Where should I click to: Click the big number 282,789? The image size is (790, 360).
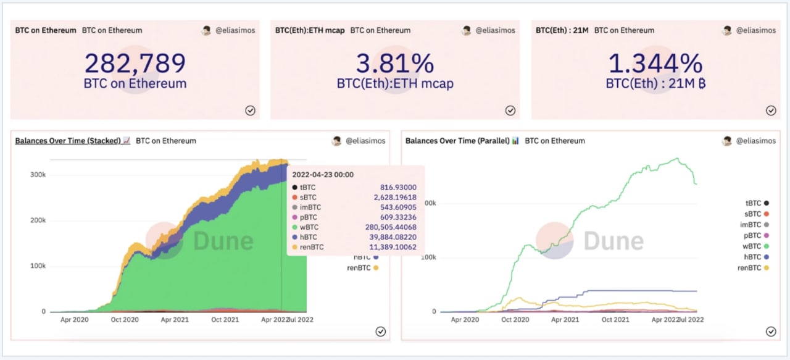click(135, 64)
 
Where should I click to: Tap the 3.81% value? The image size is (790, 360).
click(395, 64)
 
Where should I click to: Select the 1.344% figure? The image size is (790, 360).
click(655, 64)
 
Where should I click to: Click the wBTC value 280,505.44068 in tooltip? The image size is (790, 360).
click(391, 227)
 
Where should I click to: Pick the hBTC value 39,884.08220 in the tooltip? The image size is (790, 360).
click(391, 237)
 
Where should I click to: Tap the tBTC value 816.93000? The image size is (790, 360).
click(398, 187)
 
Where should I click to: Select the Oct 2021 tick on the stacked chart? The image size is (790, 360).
click(225, 320)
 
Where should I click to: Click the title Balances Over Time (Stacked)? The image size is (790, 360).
click(67, 141)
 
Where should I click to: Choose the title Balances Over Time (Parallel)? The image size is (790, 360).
click(457, 141)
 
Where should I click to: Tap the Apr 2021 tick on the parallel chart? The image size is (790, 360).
click(565, 320)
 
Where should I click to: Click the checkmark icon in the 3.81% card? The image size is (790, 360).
click(510, 111)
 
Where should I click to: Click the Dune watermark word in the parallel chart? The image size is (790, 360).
click(613, 241)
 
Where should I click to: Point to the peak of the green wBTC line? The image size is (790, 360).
click(678, 159)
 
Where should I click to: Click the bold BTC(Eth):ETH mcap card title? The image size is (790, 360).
click(310, 30)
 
